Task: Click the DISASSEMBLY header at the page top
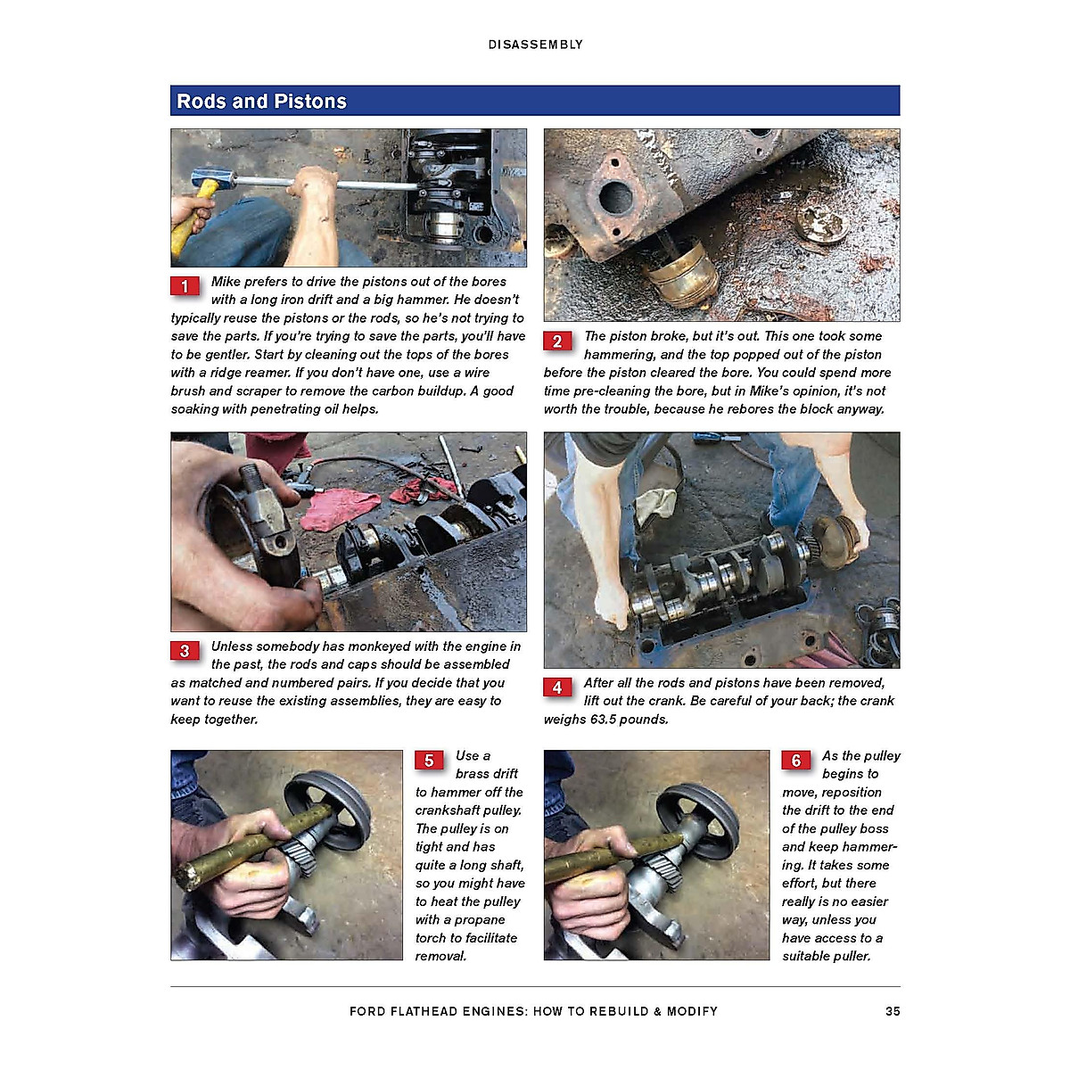(535, 45)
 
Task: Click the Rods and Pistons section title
(261, 102)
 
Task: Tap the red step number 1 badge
(185, 286)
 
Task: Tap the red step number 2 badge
(557, 341)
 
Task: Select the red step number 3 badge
(185, 651)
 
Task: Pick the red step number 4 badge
(557, 687)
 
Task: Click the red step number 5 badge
(429, 761)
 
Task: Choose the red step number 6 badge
(796, 761)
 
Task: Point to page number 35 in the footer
(893, 1011)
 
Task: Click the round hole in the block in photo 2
(615, 196)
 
